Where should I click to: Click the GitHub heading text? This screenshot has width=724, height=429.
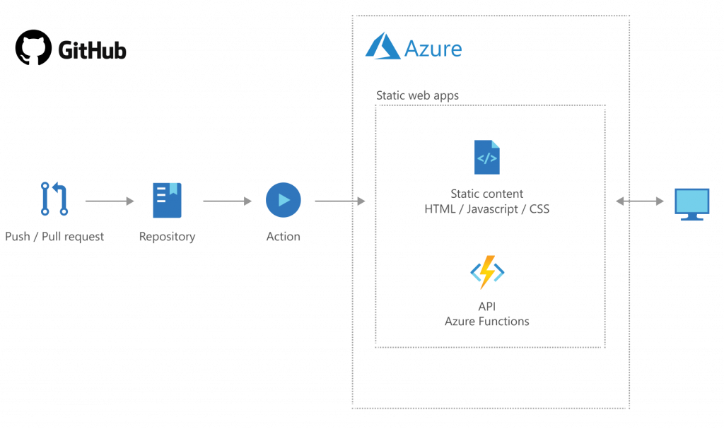tap(92, 51)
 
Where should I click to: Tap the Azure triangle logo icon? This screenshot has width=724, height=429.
tap(382, 46)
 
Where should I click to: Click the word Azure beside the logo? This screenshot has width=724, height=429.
tap(433, 49)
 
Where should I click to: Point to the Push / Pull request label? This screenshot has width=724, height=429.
tap(54, 237)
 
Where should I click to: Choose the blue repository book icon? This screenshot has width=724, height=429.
tap(167, 200)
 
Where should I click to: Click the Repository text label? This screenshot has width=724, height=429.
tap(167, 237)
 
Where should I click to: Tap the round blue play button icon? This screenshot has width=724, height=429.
tap(283, 200)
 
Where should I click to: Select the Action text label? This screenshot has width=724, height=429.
tap(283, 237)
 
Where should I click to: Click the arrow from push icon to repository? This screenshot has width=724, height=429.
tap(109, 201)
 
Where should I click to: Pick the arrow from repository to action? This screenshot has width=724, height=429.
tap(227, 201)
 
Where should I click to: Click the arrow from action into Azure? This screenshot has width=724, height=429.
tap(339, 201)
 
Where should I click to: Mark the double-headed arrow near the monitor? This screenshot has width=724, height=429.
tap(640, 201)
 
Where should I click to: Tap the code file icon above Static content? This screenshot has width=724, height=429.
tap(486, 158)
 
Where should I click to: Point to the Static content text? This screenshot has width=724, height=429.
tap(486, 194)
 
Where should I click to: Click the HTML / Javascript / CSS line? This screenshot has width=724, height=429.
tap(486, 209)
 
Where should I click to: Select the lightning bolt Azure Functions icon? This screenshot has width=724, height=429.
tap(487, 272)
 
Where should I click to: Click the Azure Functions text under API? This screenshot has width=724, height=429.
tap(486, 322)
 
